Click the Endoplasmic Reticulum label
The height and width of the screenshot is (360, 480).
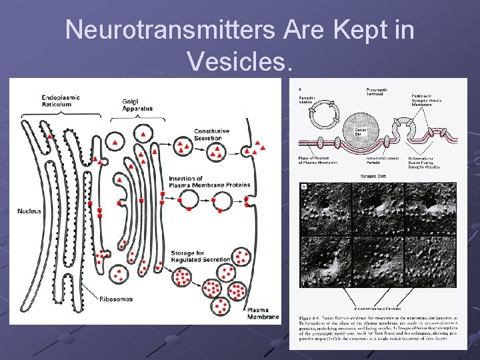pyautogui.click(x=60, y=101)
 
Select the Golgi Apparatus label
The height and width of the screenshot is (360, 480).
pyautogui.click(x=137, y=105)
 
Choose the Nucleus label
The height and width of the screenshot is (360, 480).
pyautogui.click(x=29, y=211)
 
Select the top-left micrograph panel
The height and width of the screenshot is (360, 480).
pyautogui.click(x=326, y=207)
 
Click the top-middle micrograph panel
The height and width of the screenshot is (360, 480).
pyautogui.click(x=378, y=207)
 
